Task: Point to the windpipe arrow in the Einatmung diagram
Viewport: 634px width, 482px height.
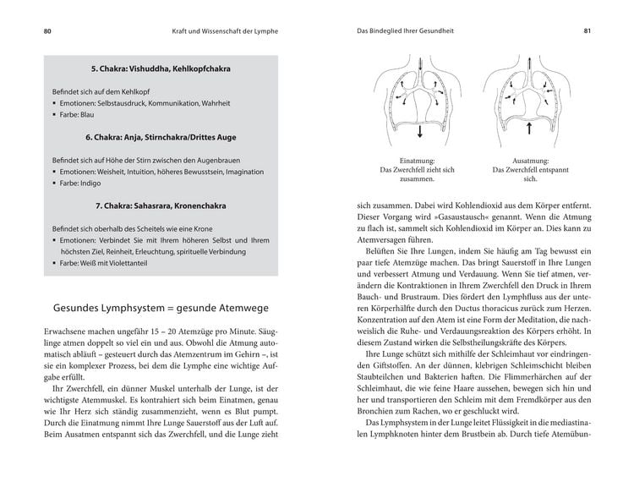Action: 423,62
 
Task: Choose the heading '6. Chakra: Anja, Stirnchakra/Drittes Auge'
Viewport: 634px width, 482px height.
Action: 161,136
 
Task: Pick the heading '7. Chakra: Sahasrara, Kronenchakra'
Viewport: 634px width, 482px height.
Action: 161,205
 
